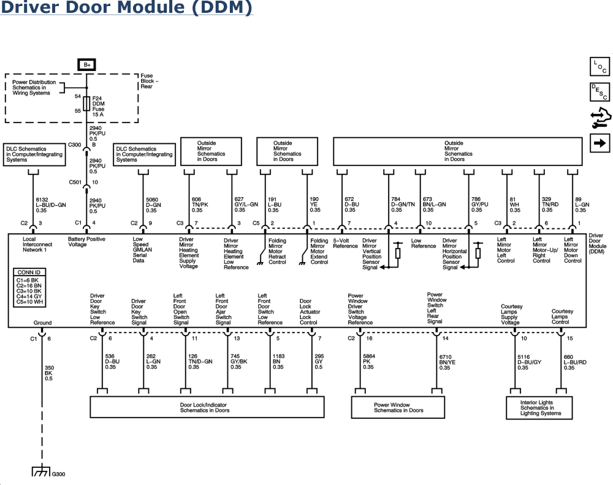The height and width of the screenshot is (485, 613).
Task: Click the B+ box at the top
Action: pyautogui.click(x=85, y=64)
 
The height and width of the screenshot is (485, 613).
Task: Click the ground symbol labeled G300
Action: pyautogui.click(x=41, y=473)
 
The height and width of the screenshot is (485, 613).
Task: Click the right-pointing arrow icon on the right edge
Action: pyautogui.click(x=598, y=143)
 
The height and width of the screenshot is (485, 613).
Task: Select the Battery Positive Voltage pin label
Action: pyautogui.click(x=84, y=241)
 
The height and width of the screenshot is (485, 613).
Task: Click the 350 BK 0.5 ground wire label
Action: pyautogui.click(x=48, y=373)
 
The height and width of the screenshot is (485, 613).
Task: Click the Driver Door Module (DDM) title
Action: pyautogui.click(x=126, y=9)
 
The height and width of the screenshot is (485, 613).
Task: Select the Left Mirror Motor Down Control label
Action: pyautogui.click(x=573, y=251)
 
